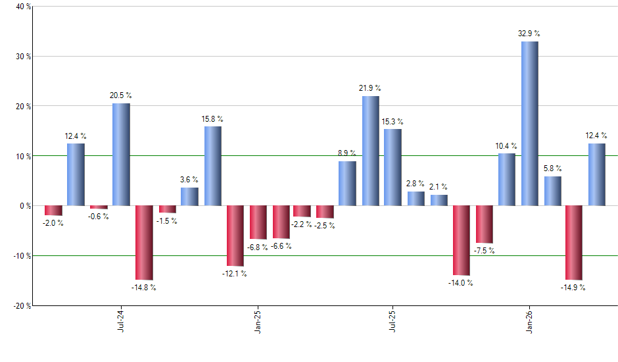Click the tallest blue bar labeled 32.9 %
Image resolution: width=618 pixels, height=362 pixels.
[530, 124]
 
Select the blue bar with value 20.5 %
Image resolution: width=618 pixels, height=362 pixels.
[121, 155]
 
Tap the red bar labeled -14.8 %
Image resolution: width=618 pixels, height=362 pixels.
[144, 243]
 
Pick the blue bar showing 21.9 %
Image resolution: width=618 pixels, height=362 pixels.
[371, 151]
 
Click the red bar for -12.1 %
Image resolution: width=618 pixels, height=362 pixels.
[235, 236]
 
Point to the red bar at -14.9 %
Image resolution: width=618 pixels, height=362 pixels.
[574, 243]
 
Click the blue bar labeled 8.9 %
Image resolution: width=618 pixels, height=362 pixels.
[348, 184]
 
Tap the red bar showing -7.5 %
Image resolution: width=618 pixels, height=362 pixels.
[485, 224]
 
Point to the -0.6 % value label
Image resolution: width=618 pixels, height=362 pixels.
[99, 216]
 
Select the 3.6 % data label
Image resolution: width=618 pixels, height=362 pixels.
[189, 180]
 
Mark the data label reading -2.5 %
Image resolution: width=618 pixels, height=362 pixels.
[324, 226]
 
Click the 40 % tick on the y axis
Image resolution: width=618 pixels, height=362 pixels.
[22, 7]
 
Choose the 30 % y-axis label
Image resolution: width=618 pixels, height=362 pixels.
[22, 57]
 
